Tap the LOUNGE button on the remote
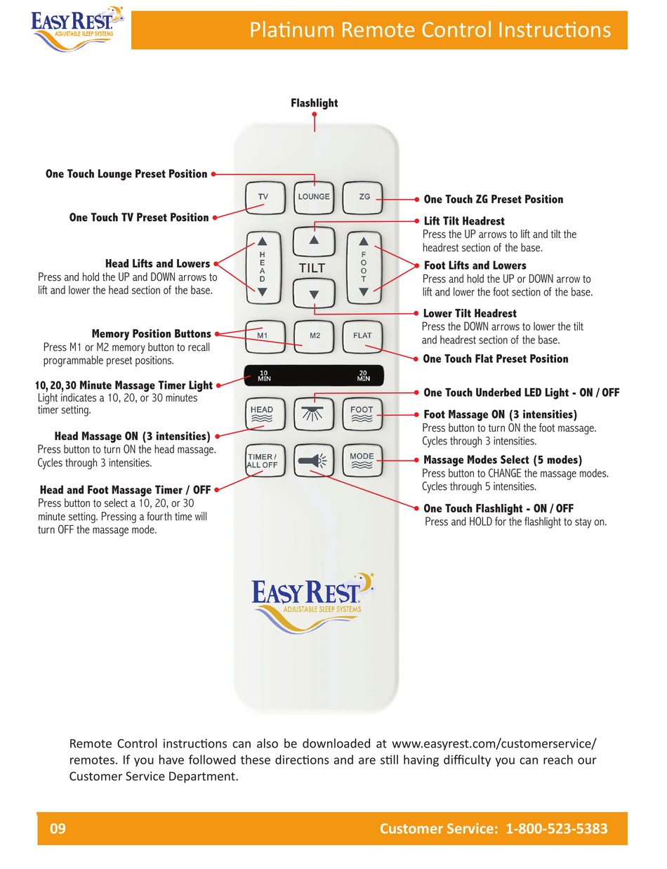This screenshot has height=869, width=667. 313,197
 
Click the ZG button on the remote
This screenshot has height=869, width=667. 363,197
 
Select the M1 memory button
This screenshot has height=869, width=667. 263,336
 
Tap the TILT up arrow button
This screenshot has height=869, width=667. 313,240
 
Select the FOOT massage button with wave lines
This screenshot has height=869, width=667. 362,414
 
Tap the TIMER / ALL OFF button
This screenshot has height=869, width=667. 265,460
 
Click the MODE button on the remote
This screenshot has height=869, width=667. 362,460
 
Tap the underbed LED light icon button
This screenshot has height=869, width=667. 313,414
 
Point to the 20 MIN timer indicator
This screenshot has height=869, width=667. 363,376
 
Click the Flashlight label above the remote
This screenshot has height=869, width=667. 314,103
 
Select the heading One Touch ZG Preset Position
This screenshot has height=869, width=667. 493,199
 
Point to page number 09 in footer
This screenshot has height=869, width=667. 58,828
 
